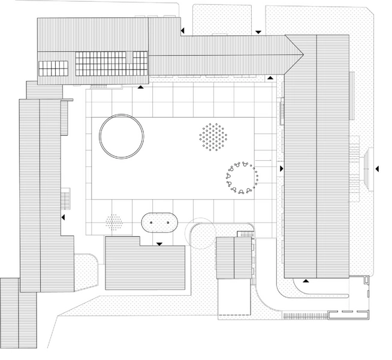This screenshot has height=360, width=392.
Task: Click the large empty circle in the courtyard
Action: coord(122,136)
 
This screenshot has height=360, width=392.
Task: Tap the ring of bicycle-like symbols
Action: coord(242,178)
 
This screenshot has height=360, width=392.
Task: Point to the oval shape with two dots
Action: coord(159,223)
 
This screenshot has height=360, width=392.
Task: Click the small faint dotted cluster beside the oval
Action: coord(114,223)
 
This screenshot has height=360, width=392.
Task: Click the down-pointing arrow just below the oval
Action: coord(159,244)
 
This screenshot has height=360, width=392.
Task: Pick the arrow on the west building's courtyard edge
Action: coord(62,218)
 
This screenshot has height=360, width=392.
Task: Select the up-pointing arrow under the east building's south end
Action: coord(306,280)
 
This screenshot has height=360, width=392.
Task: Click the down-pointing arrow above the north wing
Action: coord(258,32)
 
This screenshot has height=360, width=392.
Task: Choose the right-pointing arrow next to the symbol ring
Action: coord(281,169)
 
